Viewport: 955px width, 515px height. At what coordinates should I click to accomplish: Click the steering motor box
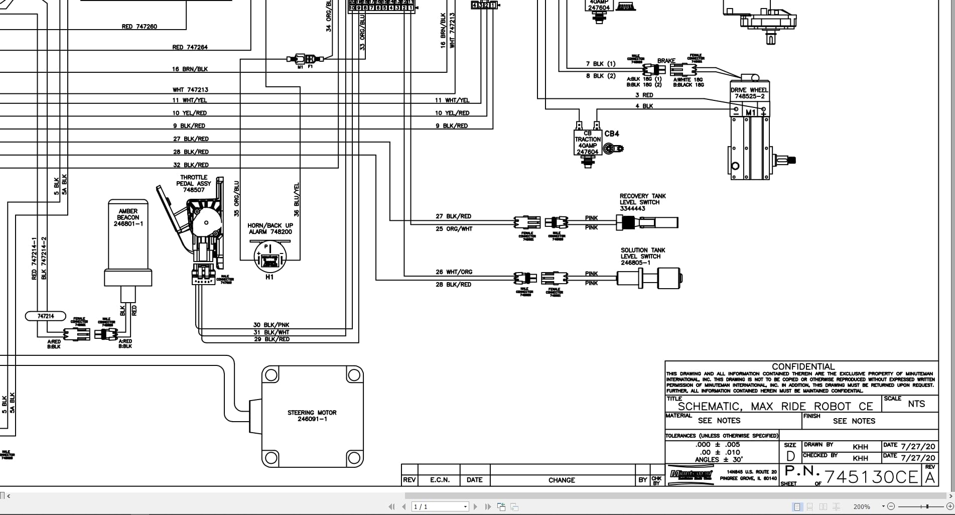coord(312,416)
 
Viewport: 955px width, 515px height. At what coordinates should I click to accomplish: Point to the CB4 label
coord(612,134)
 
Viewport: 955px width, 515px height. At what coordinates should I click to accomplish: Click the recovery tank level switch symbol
coord(647,222)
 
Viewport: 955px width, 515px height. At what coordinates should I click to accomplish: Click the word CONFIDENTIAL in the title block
coord(803,367)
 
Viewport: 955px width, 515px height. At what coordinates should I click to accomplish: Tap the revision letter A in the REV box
coord(930,478)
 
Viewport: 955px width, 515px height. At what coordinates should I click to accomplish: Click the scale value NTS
coord(916,404)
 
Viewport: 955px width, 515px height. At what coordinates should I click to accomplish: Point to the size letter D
coord(790,456)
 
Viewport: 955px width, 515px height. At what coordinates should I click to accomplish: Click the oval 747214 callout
coord(46,316)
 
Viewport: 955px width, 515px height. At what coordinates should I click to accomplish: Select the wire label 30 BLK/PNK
coord(271,325)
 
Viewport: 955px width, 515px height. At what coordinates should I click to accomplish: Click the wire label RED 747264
coord(190,47)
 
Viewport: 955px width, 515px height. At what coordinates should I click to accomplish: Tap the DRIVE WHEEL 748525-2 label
coord(749,93)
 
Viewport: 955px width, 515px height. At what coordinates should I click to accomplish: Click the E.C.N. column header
coord(440,480)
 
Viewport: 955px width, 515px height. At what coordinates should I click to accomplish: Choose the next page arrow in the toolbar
coord(475,507)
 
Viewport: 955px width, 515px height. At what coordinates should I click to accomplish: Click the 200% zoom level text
coord(862,507)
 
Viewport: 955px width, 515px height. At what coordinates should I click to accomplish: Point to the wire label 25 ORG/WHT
coord(454,229)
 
